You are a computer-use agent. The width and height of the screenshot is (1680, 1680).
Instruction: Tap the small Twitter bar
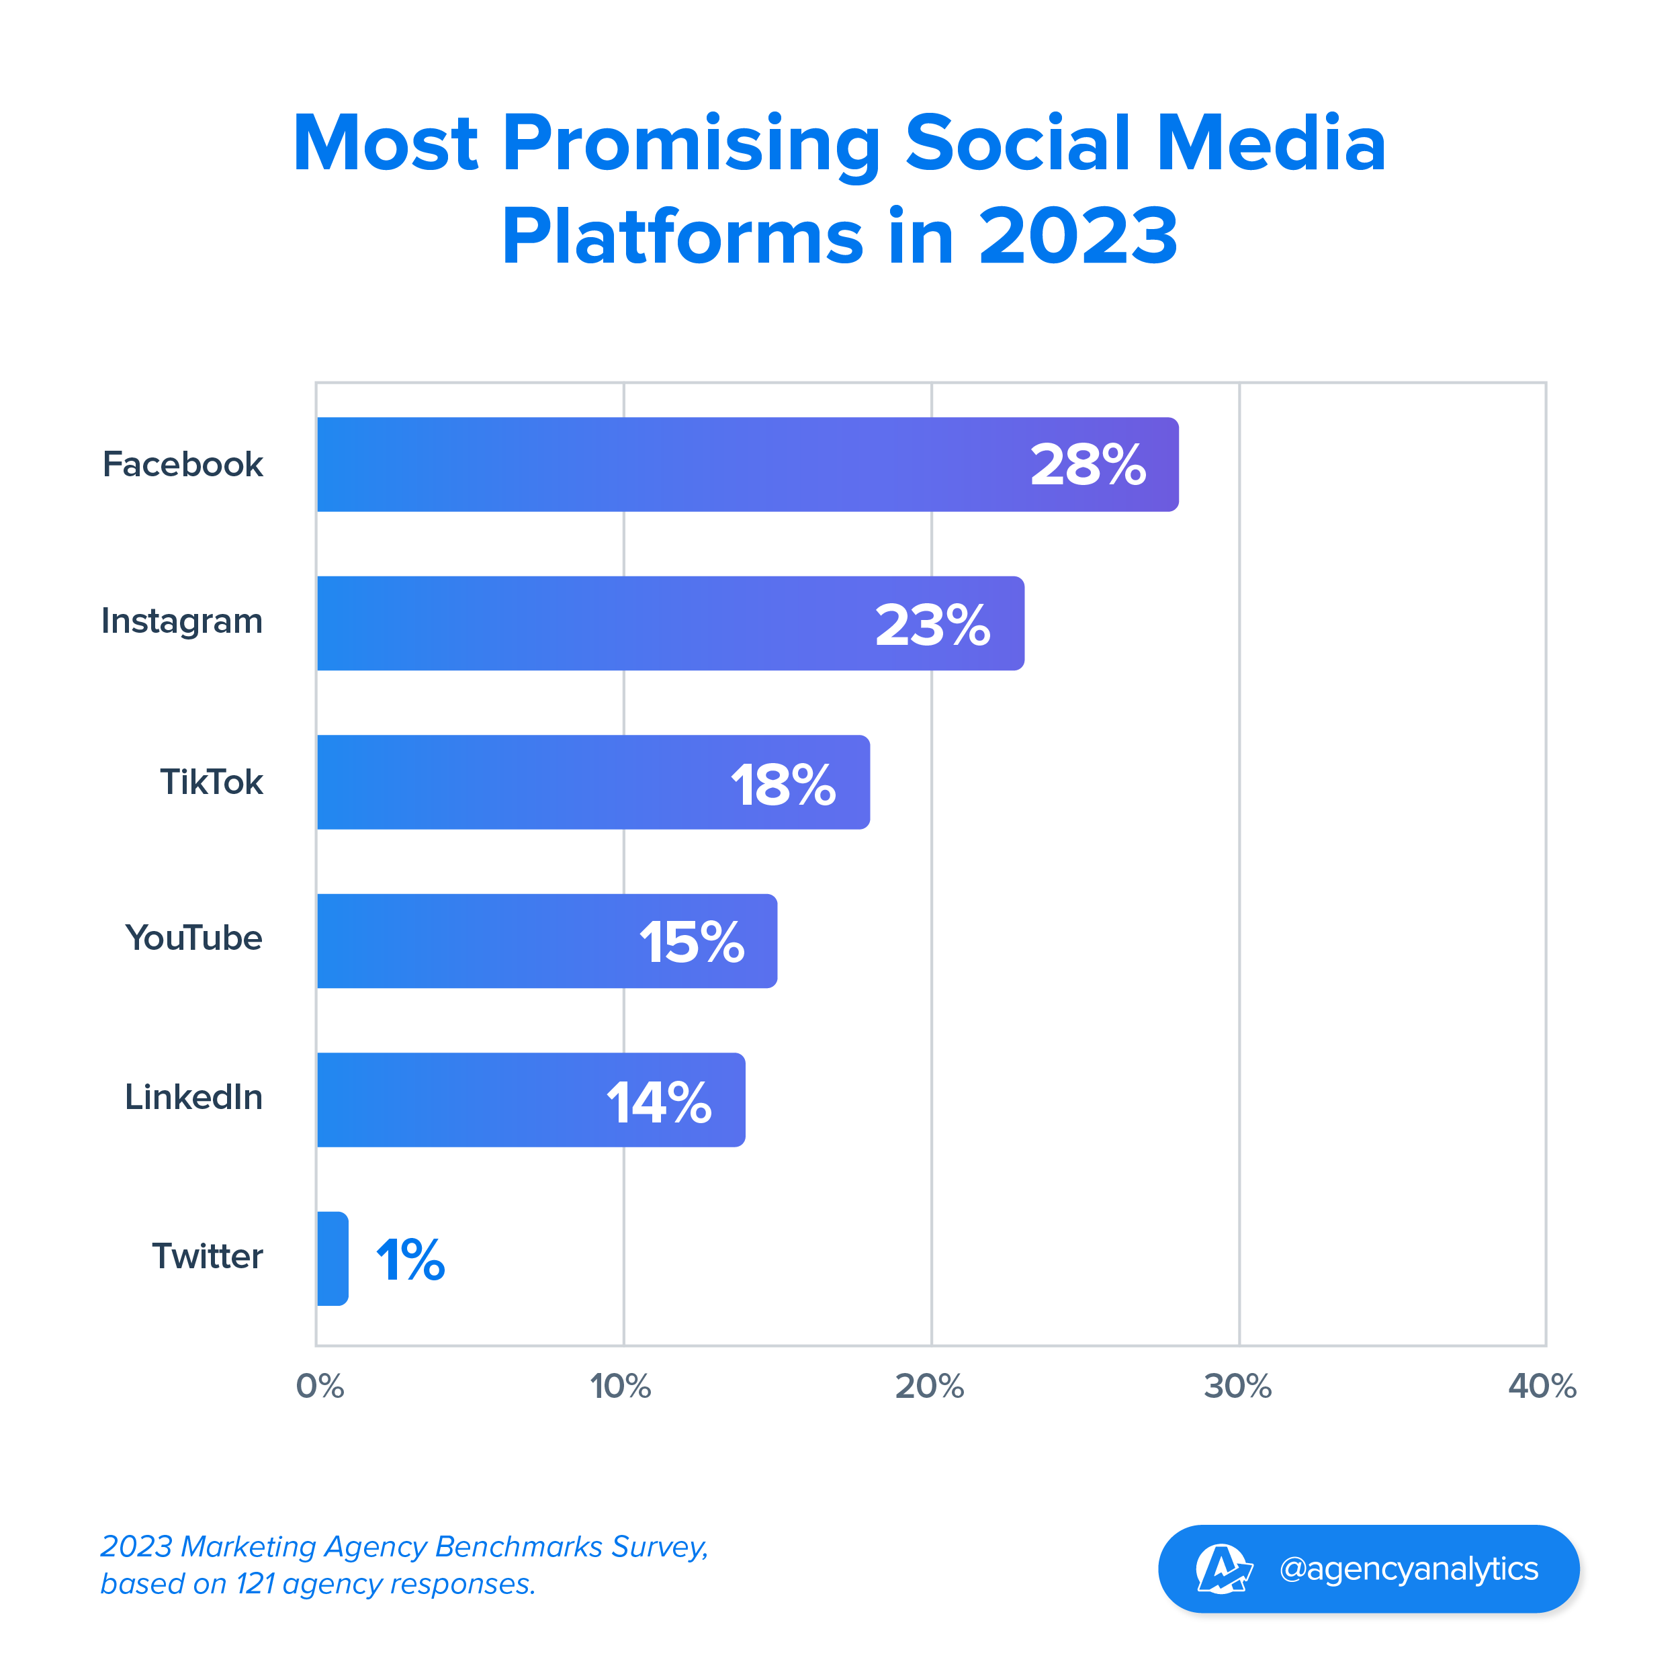tap(333, 1258)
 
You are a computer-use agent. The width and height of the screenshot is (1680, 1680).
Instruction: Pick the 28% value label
tap(1088, 466)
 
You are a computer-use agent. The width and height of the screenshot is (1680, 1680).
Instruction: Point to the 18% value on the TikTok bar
tap(783, 785)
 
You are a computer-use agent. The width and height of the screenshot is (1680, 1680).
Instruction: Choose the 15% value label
tap(692, 942)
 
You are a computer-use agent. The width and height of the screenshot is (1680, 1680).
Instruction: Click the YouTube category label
tap(194, 938)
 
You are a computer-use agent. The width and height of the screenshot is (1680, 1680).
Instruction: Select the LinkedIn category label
tap(194, 1098)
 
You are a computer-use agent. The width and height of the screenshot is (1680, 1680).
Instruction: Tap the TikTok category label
tap(212, 782)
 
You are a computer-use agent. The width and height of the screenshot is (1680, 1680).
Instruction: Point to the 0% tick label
tap(320, 1386)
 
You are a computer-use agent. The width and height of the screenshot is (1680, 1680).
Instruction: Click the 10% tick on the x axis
tap(621, 1386)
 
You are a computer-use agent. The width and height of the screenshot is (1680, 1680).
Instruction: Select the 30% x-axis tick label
tap(1237, 1386)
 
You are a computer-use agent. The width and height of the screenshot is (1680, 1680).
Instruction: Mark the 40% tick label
tap(1542, 1386)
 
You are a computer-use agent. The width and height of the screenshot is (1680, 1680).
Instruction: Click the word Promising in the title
tap(692, 144)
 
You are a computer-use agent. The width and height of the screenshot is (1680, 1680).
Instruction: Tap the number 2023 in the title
tap(1078, 236)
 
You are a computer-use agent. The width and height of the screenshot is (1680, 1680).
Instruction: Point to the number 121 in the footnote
tap(257, 1585)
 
